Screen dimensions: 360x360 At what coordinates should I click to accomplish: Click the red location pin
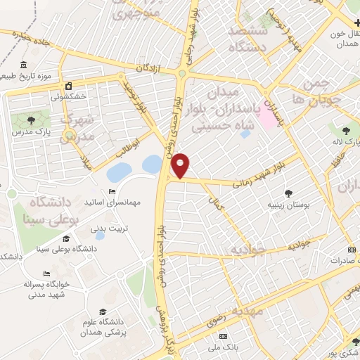(181, 165)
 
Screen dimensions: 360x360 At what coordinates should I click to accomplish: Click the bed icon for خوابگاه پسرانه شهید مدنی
(46, 274)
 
